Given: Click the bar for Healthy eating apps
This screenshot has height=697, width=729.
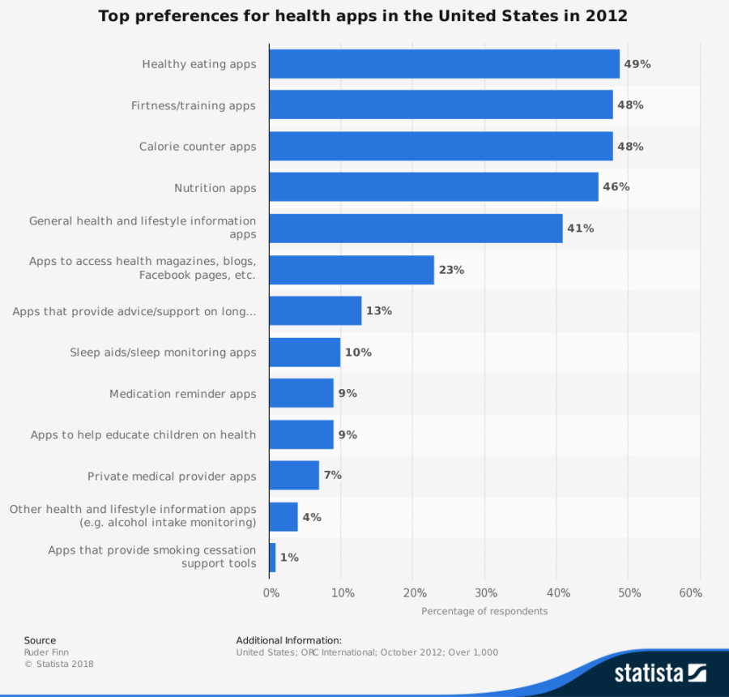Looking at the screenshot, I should [444, 64].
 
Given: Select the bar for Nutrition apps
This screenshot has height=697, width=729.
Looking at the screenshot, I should [433, 187].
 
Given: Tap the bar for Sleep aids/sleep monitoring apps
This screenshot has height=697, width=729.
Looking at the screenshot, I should [305, 353].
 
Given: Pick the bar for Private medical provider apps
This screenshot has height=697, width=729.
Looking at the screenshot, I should [294, 476].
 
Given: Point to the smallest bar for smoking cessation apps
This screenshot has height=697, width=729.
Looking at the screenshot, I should [272, 558].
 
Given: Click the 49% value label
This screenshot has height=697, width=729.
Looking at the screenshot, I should [637, 64].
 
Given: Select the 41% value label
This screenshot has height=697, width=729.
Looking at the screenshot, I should [580, 229].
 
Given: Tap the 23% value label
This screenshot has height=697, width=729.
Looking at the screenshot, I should [451, 270].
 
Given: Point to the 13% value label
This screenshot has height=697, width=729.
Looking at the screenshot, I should [378, 311].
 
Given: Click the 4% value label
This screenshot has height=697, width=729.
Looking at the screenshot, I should [312, 517].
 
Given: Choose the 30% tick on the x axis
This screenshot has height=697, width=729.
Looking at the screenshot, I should [485, 593].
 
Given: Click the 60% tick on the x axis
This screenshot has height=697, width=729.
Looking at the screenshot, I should [690, 593].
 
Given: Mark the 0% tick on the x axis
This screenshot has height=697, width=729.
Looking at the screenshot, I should [271, 593].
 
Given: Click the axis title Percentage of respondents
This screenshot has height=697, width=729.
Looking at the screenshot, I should [484, 611].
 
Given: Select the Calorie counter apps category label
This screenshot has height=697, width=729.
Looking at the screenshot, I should [198, 147].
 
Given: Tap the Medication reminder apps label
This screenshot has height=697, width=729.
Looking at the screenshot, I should [183, 394].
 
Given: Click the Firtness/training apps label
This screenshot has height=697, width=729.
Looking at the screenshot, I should [194, 105].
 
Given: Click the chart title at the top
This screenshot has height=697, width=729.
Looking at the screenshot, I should [363, 16].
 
